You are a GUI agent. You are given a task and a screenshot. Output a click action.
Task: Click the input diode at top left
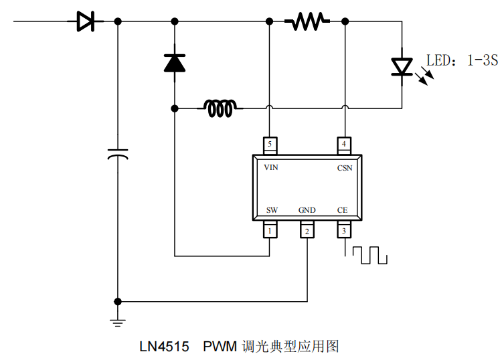(85, 22)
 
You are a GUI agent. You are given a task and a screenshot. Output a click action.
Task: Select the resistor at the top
(307, 22)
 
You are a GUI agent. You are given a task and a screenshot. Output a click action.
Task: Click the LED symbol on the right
(402, 65)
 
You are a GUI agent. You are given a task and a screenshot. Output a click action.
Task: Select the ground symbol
(118, 322)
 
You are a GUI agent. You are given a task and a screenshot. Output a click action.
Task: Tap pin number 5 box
(270, 145)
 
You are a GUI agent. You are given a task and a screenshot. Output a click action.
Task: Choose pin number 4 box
(344, 145)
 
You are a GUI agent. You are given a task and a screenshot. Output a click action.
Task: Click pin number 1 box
(270, 231)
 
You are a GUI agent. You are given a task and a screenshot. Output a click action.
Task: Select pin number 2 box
(307, 231)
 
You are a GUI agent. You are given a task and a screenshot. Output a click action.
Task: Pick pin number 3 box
(344, 231)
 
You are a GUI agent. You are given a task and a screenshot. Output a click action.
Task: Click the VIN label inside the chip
(271, 167)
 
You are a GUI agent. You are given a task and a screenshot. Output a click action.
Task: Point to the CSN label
(344, 168)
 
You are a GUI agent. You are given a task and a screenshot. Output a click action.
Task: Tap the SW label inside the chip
(272, 210)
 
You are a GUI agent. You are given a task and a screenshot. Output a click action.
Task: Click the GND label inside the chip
(307, 210)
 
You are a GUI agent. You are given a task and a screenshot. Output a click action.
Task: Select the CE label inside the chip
(343, 210)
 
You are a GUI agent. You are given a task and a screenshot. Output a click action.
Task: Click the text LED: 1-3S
(463, 61)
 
